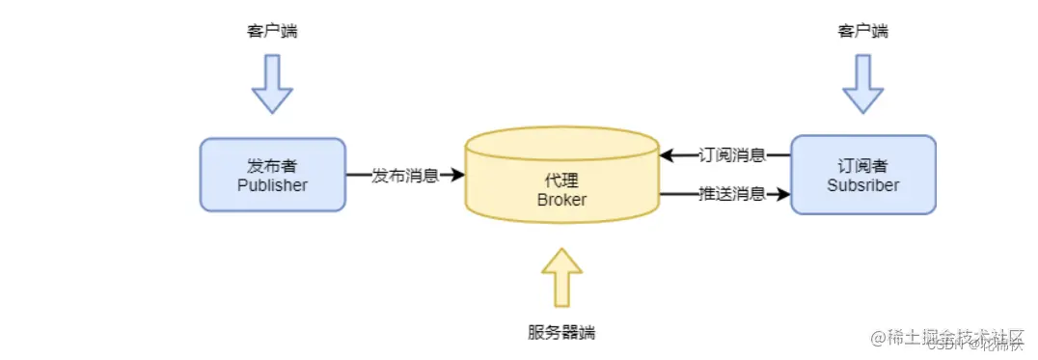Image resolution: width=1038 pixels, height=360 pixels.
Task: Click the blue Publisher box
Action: (x=272, y=174)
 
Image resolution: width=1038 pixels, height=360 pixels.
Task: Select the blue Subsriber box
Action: (x=862, y=174)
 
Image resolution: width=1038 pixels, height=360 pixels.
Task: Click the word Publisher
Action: (x=272, y=185)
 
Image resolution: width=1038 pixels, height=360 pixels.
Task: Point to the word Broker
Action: (x=561, y=199)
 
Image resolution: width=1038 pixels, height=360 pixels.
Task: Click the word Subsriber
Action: (x=862, y=184)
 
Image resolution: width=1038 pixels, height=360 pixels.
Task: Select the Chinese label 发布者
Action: (x=272, y=166)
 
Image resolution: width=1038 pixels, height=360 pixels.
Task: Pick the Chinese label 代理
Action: (x=561, y=180)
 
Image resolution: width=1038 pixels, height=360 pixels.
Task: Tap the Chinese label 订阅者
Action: (x=862, y=166)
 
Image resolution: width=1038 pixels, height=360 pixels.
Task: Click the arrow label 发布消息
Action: (x=405, y=175)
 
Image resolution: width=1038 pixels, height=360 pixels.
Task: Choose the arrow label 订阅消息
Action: (x=732, y=154)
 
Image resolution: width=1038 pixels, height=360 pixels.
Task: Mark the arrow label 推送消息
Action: (x=732, y=194)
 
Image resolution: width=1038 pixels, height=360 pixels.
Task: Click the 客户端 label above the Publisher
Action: (x=272, y=32)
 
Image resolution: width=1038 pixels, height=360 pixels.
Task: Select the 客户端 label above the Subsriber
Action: (x=862, y=32)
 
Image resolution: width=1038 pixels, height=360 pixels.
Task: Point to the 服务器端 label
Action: (x=561, y=333)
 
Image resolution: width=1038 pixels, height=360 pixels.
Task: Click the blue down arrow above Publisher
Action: (x=272, y=84)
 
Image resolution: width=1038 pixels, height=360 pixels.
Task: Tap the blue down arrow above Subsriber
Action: (x=862, y=84)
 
